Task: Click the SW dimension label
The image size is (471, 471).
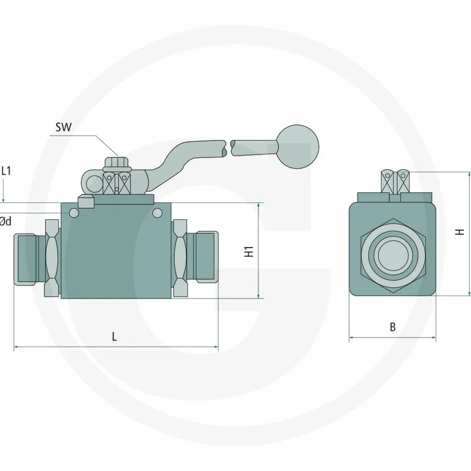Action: point(64,127)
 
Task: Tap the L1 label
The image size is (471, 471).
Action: point(6,171)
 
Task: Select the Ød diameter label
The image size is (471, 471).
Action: point(5,221)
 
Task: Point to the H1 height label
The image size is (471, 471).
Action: point(249,251)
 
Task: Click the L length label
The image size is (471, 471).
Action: point(114,336)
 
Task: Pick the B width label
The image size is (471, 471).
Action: point(393,327)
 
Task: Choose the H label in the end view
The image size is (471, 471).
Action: point(460,232)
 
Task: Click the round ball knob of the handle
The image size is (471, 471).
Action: point(298,147)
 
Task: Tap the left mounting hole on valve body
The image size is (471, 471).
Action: point(74,213)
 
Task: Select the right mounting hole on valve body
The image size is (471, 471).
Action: point(157,213)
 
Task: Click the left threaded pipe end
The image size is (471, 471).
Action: point(25,260)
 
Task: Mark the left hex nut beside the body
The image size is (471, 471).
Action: point(52,258)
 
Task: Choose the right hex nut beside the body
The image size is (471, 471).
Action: point(180,258)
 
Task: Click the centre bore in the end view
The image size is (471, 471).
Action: point(393,256)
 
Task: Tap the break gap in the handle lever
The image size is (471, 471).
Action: point(228,148)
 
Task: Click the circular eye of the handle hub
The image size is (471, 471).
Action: point(94,184)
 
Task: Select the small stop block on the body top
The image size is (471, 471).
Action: point(85,201)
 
